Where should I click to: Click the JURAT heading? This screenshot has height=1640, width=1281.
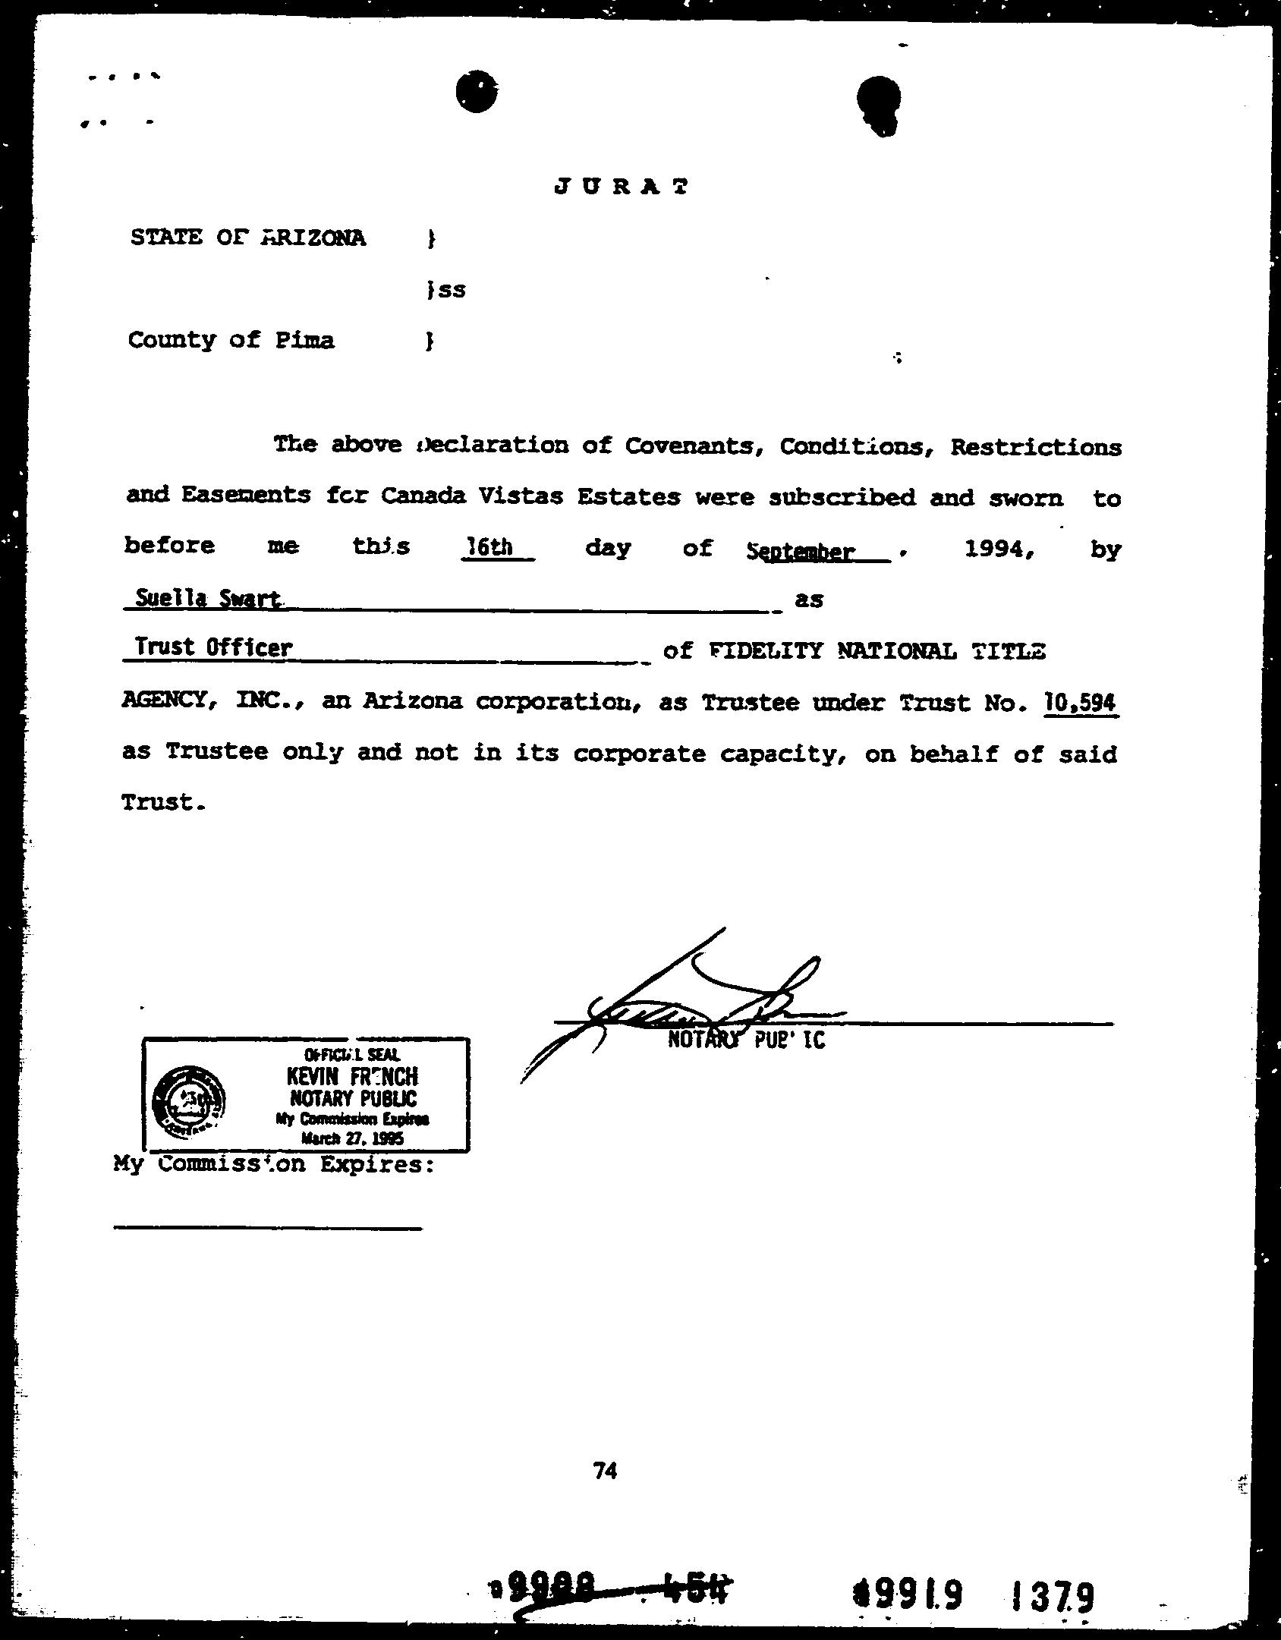coord(622,187)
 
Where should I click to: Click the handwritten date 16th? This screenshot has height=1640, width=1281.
coord(491,546)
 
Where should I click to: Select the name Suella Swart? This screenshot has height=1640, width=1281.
coord(207,599)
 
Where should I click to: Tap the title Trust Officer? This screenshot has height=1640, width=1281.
coord(213,647)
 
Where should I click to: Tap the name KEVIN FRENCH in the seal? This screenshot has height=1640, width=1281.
coord(351,1076)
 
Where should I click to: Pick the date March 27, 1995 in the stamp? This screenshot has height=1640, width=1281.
coord(352,1138)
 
